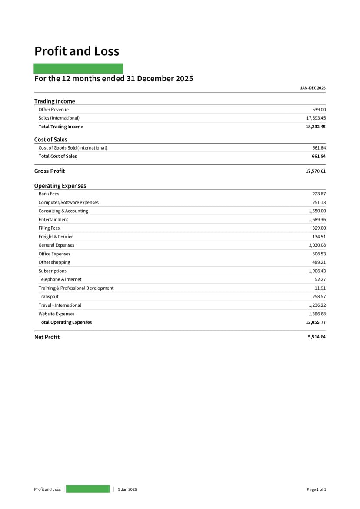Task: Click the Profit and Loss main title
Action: click(77, 51)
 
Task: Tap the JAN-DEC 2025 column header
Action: click(313, 88)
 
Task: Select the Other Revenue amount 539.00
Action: click(319, 110)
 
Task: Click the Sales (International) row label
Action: click(59, 118)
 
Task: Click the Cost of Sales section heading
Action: click(51, 140)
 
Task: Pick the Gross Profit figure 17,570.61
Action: click(316, 171)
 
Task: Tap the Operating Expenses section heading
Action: click(60, 186)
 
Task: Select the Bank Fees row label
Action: click(49, 194)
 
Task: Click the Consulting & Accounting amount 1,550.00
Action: click(317, 211)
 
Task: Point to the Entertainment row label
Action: click(53, 220)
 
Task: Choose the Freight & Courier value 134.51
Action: click(319, 237)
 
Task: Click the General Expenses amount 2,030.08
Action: click(317, 245)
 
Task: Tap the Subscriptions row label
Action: click(52, 271)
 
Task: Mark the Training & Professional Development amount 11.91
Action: click(320, 288)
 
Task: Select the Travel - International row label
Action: click(60, 305)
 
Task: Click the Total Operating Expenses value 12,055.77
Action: click(316, 322)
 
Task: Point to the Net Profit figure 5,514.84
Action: click(317, 337)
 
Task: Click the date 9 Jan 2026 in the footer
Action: click(127, 489)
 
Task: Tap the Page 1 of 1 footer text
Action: click(316, 489)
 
